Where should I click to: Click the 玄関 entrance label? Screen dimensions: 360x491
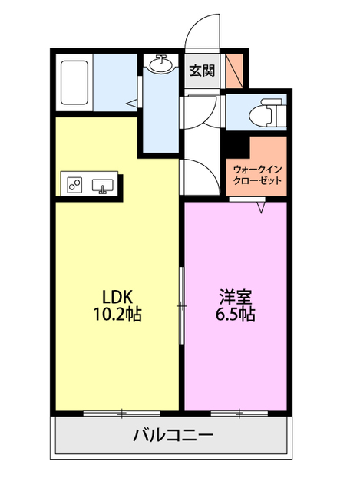(x=202, y=71)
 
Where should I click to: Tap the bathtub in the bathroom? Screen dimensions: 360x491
(x=74, y=82)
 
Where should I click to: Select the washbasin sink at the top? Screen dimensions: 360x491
(x=160, y=64)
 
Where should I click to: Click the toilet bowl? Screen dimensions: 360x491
(x=266, y=113)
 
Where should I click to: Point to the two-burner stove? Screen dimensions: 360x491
(x=74, y=184)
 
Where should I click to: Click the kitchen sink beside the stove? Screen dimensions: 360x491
(x=102, y=186)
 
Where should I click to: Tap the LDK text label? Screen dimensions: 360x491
(x=117, y=297)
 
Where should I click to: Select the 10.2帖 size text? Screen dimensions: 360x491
(x=117, y=315)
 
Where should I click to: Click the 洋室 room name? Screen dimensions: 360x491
(x=236, y=297)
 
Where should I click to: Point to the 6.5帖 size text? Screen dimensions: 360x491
(x=235, y=315)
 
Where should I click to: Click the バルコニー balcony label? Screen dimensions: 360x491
(x=173, y=435)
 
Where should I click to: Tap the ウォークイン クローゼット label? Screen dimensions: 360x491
(x=258, y=176)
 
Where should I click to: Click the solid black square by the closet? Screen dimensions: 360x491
(x=237, y=147)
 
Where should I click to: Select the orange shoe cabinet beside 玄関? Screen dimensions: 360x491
(x=234, y=71)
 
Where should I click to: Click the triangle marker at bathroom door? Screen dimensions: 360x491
(x=132, y=104)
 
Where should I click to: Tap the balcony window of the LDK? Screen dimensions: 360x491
(x=121, y=414)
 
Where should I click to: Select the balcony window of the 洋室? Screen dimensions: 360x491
(x=239, y=414)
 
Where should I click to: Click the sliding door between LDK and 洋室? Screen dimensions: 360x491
(x=181, y=305)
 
